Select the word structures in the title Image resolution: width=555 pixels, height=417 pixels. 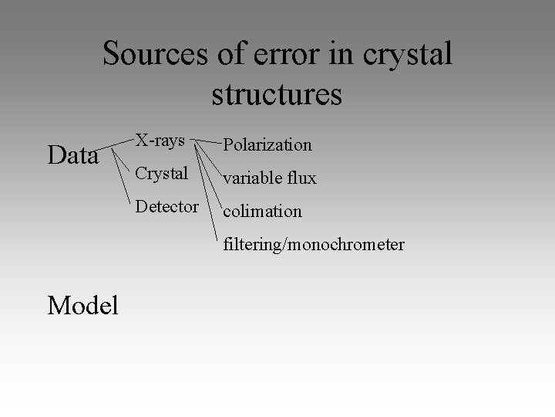coord(276,94)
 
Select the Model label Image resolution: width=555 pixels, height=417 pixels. coord(82,306)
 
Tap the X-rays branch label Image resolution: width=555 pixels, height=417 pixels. coord(160,141)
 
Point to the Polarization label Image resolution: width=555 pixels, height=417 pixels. coord(267,144)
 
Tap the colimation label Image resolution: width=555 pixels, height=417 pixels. coord(262,211)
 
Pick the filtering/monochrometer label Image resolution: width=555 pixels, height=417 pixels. coord(314,244)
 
